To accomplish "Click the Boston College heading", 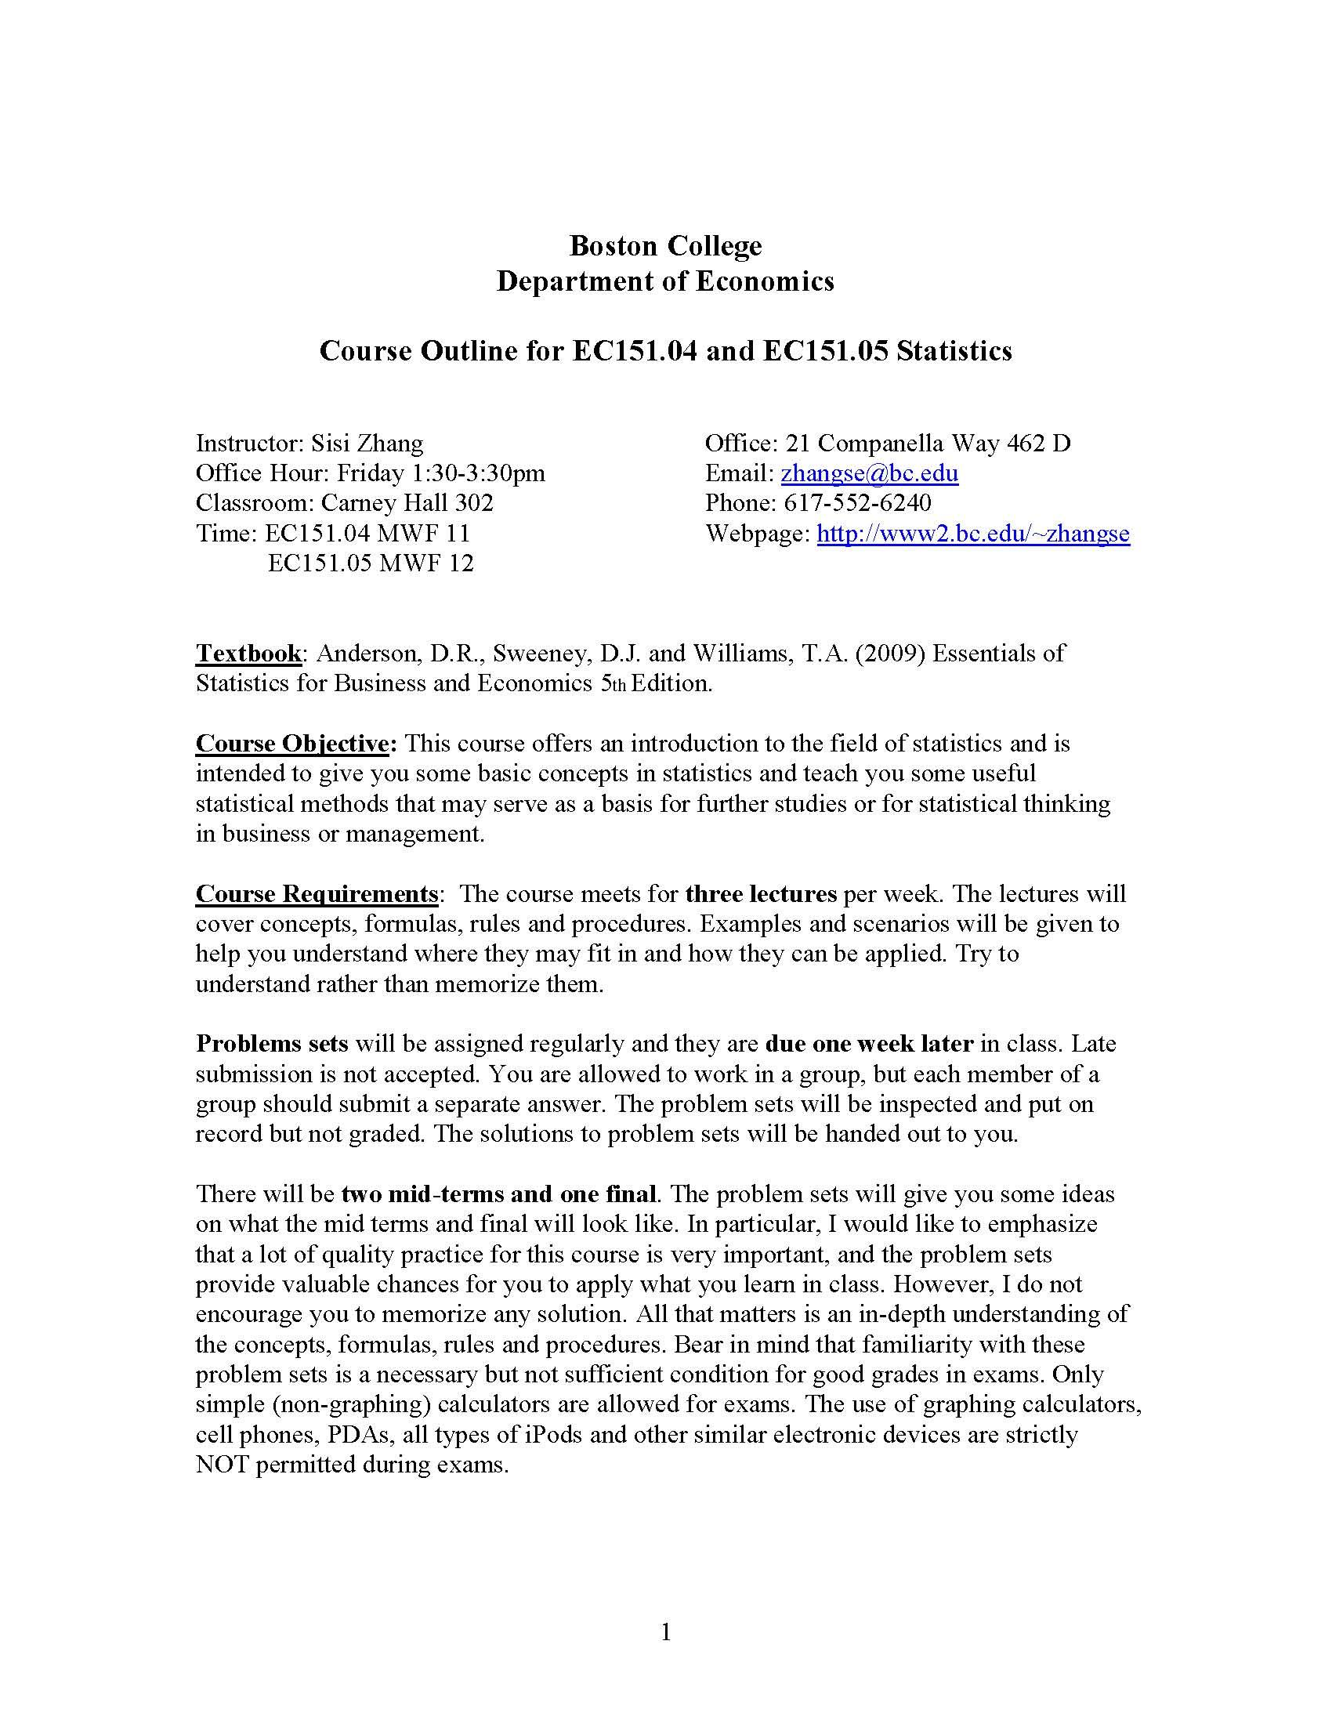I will tap(665, 245).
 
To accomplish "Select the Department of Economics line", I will tap(665, 281).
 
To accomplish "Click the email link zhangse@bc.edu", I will tap(869, 473).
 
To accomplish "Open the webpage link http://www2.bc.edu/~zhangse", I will tap(972, 534).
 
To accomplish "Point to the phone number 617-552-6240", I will tap(857, 503).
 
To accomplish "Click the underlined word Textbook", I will tap(248, 653).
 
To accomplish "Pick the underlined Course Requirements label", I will tap(317, 893).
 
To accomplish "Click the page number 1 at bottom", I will tap(665, 1632).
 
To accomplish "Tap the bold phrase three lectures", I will tap(761, 893).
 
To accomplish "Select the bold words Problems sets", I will tap(272, 1044).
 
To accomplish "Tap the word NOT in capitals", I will tap(223, 1465).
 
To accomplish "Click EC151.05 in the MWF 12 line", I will tap(319, 563).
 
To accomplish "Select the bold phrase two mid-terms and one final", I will tap(498, 1193).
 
